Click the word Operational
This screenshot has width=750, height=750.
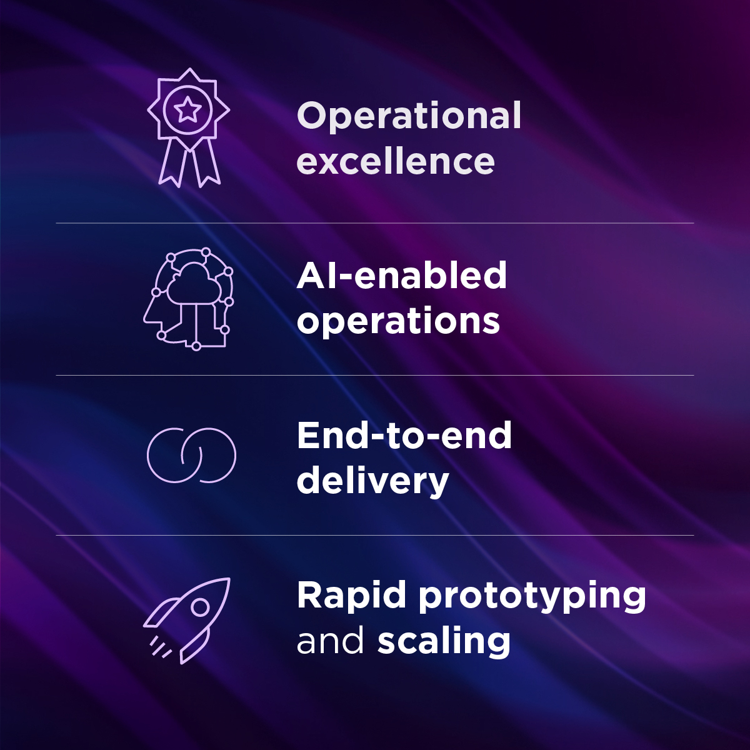tap(409, 117)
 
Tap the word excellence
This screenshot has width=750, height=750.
tap(396, 161)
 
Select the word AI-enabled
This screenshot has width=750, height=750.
tap(402, 276)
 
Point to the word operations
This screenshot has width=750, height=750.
tap(398, 321)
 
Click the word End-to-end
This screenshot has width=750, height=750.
tap(404, 436)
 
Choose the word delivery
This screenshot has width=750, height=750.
tap(373, 481)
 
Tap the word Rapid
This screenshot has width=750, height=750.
tap(352, 596)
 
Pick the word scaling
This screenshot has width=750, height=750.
tap(444, 641)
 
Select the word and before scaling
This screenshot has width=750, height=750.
tap(330, 641)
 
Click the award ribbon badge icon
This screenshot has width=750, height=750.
tap(188, 127)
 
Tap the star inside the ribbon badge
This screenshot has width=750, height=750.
tap(187, 110)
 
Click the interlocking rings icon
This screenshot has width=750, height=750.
tap(191, 455)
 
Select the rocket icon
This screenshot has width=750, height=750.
tap(187, 619)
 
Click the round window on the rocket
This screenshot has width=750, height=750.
tap(200, 606)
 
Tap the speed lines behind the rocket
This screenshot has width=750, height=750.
tap(161, 647)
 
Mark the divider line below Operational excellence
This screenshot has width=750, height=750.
tap(375, 223)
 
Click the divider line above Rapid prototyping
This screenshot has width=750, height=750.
tap(375, 535)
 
